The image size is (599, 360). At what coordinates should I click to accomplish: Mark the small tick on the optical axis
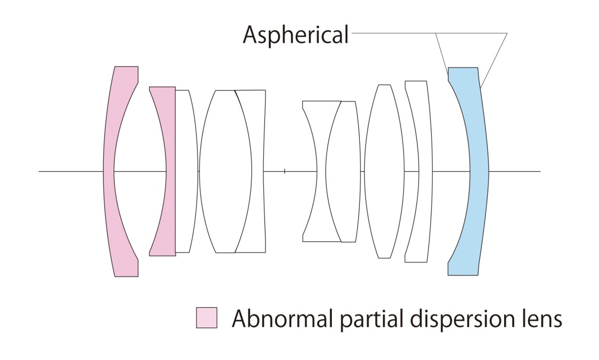[x=285, y=172]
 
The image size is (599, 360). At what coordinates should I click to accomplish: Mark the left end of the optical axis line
[x=39, y=171]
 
